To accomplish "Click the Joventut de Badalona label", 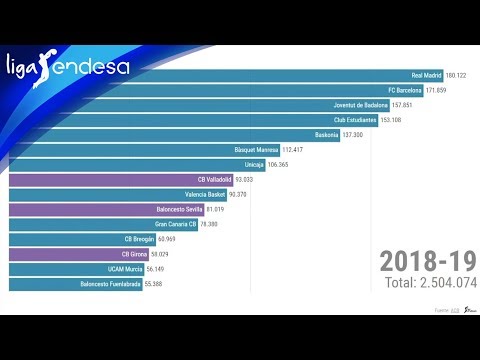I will pos(360,105).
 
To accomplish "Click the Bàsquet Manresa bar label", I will pos(256,150).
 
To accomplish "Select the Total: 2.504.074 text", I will pos(431,284).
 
